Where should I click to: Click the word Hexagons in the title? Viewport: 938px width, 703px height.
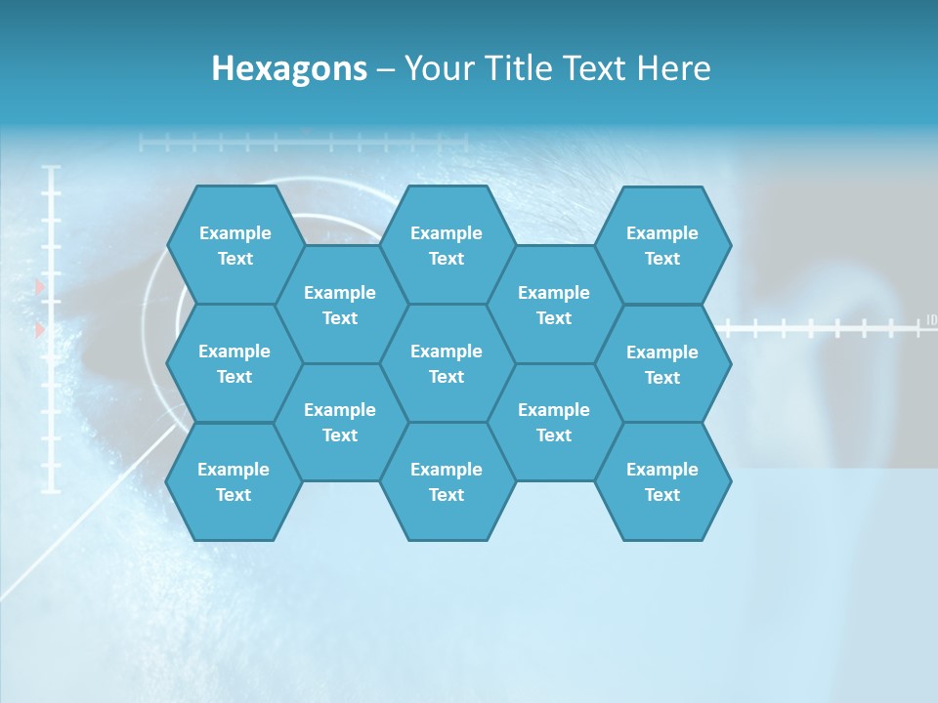coord(289,68)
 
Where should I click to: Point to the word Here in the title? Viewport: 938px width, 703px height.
coord(674,68)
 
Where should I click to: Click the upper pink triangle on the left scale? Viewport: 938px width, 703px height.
coord(40,287)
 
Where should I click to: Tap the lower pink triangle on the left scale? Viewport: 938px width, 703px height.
coord(40,331)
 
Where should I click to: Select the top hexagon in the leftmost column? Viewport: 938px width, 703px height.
coord(234,245)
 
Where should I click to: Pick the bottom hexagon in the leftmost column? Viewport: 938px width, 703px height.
coord(234,481)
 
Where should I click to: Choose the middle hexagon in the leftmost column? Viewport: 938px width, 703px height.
coord(234,363)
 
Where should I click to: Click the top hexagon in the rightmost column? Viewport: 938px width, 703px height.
coord(662,245)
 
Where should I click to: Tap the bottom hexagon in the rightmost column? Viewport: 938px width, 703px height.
coord(662,481)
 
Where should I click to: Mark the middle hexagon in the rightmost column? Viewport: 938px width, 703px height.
coord(662,364)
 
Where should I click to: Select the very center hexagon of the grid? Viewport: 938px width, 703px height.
coord(447,363)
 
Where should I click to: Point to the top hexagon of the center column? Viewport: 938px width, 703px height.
coord(447,245)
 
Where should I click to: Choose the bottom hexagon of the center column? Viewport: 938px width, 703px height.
coord(447,481)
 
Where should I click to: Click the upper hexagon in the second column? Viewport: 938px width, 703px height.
coord(340,305)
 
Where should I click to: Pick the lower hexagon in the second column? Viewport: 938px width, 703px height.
coord(340,422)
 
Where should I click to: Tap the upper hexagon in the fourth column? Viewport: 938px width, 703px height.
coord(554,305)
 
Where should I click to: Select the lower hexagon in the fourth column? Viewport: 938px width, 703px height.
coord(554,422)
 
